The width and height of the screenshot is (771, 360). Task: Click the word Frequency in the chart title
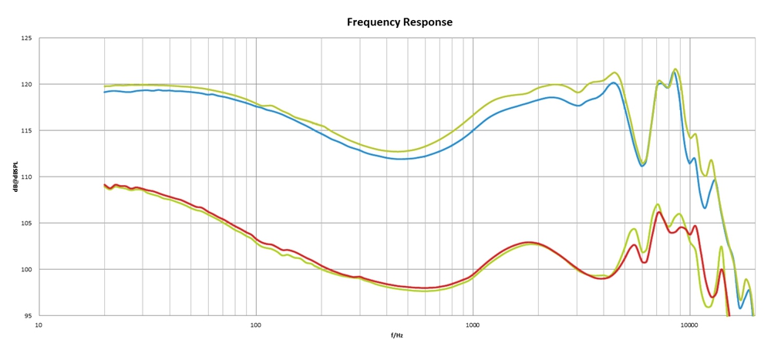point(373,22)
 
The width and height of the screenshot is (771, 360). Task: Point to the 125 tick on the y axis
point(26,38)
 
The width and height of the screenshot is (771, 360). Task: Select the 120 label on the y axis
point(26,84)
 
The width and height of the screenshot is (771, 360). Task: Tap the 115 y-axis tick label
point(26,130)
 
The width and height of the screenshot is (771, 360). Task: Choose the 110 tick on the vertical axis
point(26,177)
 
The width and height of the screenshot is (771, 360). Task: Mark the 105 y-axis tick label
point(26,223)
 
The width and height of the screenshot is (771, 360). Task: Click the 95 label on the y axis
point(28,315)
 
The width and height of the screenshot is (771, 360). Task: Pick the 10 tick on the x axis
point(39,326)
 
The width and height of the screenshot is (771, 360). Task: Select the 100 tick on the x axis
point(256,326)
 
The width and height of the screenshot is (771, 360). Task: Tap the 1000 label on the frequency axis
point(473,326)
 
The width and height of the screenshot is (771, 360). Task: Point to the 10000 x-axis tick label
point(689,326)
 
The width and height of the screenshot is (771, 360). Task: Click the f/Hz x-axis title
point(396,335)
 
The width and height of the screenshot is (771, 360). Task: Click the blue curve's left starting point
point(105,92)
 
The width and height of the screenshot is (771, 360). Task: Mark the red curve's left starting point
point(105,185)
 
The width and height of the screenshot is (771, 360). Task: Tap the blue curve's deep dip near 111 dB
point(642,166)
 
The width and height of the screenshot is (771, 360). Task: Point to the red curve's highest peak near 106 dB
point(659,212)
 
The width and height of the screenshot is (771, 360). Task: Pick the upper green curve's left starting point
point(105,86)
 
